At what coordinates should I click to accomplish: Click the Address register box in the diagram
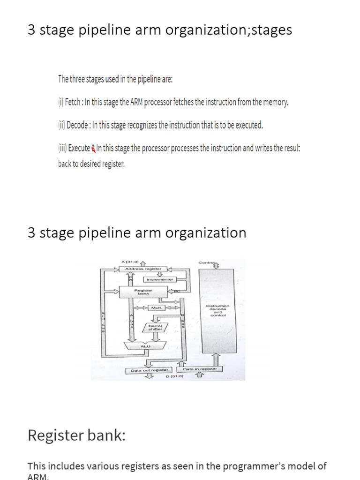click(143, 269)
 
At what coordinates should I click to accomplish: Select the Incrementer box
click(160, 279)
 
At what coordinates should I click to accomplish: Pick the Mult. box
click(156, 308)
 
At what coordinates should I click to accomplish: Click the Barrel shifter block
click(155, 328)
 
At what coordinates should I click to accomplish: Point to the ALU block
click(144, 346)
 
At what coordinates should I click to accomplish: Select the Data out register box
click(149, 370)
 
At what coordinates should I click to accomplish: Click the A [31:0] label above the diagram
click(130, 262)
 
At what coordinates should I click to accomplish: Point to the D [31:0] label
click(174, 376)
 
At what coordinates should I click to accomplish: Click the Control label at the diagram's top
click(206, 262)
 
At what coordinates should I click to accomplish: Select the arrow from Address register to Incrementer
click(159, 274)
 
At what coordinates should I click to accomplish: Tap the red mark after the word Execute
click(93, 149)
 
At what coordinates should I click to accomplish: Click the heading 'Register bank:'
click(76, 435)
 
